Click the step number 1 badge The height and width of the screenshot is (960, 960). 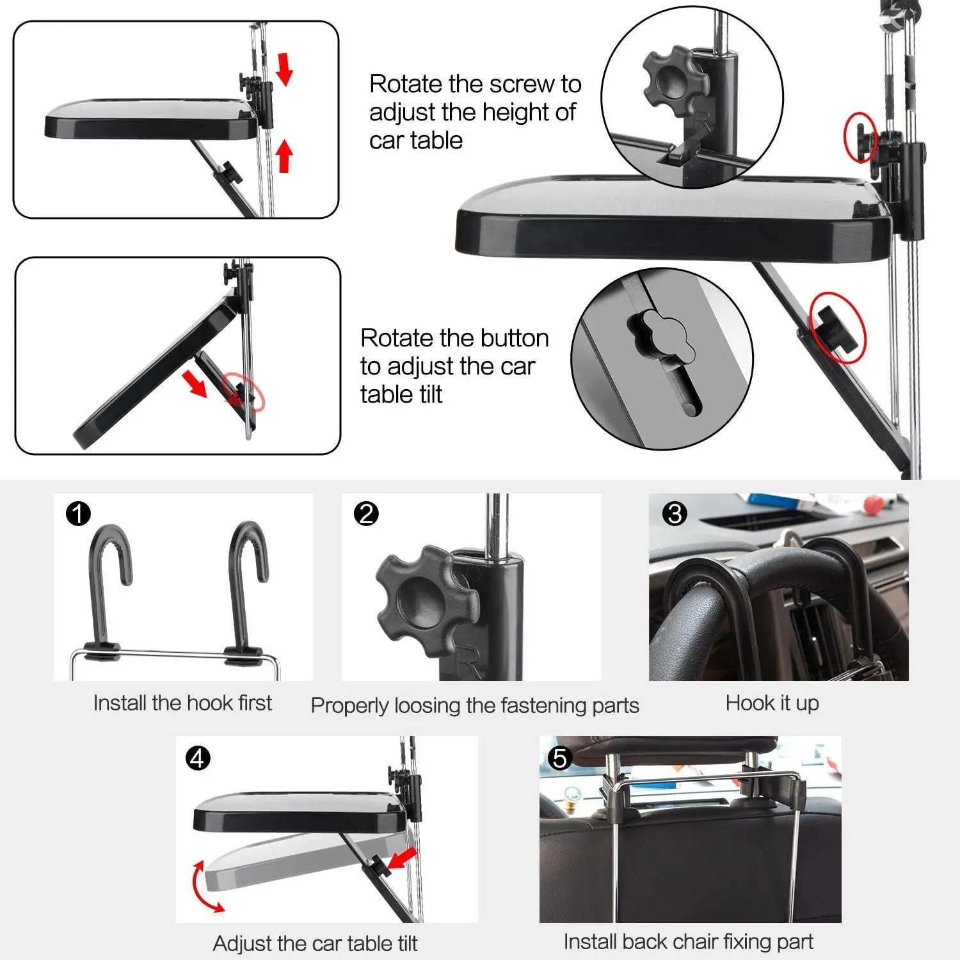point(78,513)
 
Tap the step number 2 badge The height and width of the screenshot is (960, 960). point(366,513)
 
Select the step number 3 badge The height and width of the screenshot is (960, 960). point(675,513)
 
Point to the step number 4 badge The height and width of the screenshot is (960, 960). point(198,758)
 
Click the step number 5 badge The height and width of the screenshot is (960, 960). point(560,758)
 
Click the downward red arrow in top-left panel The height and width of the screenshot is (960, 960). point(284,69)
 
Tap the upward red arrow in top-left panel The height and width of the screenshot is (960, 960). point(284,156)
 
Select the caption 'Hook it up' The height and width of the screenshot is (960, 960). point(772,703)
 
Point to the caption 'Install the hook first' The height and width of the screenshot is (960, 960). point(182,703)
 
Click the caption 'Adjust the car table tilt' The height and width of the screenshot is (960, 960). point(315,943)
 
